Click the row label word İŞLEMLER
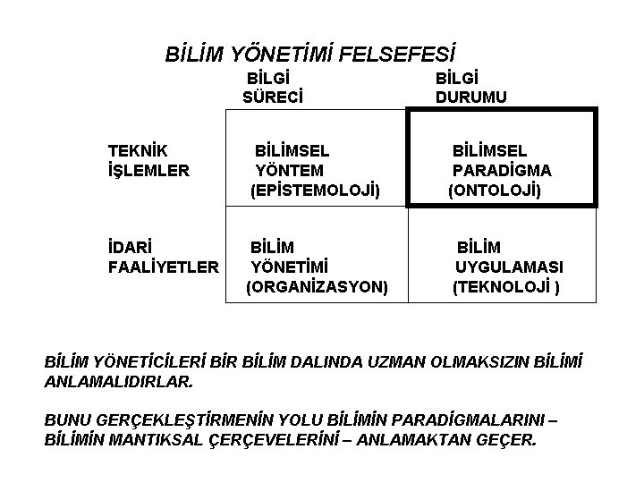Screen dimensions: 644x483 pos(148,169)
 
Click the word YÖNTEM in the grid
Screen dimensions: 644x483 pos(289,170)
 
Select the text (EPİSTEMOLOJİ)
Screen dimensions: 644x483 pos(315,190)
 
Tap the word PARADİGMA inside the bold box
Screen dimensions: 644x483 pos(502,170)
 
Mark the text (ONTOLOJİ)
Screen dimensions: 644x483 pos(495,190)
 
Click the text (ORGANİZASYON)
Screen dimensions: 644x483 pos(317,287)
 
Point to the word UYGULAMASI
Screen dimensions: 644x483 pos(510,267)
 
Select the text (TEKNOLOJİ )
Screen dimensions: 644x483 pos(507,287)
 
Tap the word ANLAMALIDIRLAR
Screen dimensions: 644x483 pos(117,382)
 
